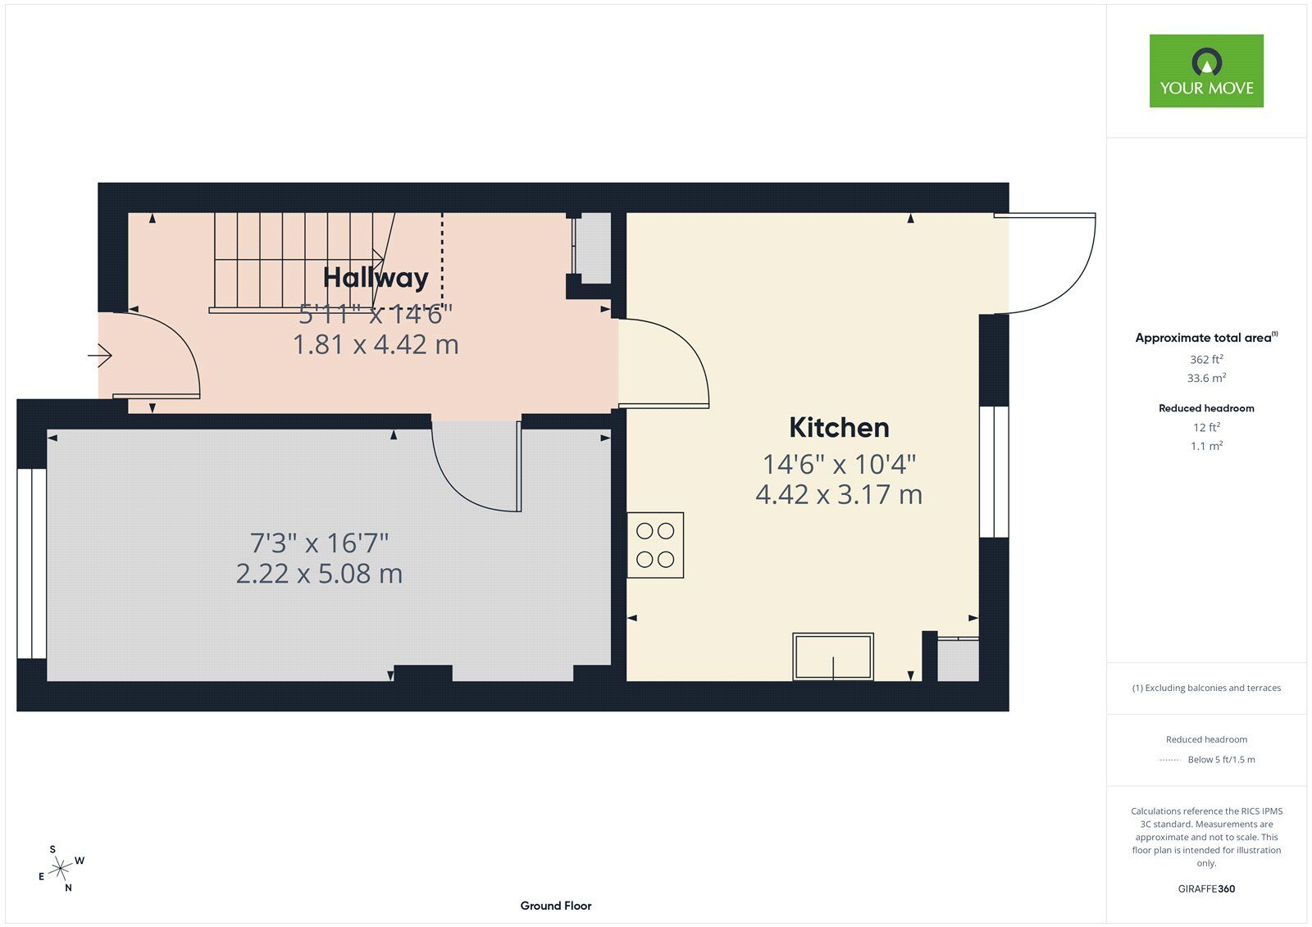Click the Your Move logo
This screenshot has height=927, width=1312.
[1206, 70]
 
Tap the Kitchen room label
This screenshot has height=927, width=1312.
[839, 428]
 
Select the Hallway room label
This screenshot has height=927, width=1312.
[376, 278]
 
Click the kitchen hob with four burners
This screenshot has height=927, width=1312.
[655, 545]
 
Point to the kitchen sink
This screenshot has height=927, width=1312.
[833, 657]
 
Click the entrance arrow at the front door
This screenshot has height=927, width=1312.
[99, 355]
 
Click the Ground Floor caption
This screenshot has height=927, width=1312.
[556, 906]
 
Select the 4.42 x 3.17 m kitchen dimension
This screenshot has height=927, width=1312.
[839, 495]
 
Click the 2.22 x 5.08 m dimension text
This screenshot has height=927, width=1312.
[319, 574]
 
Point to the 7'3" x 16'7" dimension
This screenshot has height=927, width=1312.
[319, 543]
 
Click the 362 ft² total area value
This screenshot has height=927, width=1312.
[1206, 359]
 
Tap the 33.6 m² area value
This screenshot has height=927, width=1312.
[1206, 378]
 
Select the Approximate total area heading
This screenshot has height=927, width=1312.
[1206, 338]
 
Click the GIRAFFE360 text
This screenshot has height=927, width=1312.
[1206, 888]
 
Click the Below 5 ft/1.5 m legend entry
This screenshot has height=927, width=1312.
[1221, 760]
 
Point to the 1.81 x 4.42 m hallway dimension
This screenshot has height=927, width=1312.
[376, 344]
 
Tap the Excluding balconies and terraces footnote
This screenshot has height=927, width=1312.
[1206, 688]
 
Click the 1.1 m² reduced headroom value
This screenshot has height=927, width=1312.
[1206, 446]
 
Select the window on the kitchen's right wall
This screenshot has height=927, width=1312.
[994, 472]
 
